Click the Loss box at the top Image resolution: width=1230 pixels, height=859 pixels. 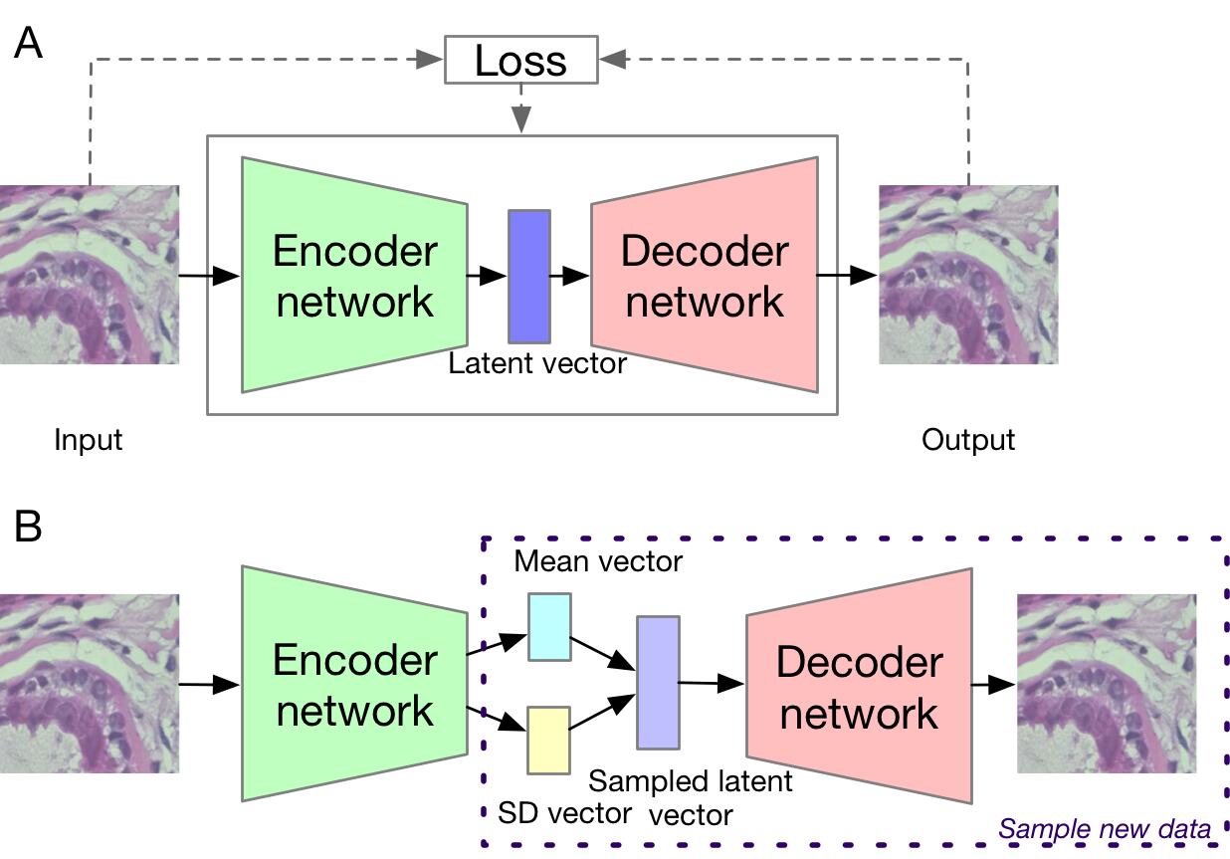coord(519,61)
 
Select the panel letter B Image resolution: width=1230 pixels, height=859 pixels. coord(28,527)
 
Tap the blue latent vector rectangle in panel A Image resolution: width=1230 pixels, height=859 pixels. coord(528,277)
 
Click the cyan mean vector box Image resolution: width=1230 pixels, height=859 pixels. coord(549,626)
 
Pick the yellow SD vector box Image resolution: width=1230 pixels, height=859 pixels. coord(548,740)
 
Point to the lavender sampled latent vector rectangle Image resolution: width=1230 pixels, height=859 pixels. coord(658,682)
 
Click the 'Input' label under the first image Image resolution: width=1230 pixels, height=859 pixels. coord(88,439)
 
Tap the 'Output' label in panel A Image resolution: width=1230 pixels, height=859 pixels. coord(967,439)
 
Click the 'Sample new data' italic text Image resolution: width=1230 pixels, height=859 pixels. coord(1105,828)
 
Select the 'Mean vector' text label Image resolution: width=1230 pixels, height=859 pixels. coord(598,561)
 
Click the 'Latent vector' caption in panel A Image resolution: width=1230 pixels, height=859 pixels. coord(537,363)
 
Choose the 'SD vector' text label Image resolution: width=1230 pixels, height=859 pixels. coord(563,812)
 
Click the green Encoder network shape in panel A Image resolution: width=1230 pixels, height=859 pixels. coord(354,276)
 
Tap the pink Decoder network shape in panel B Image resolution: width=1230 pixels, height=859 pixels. coord(858,687)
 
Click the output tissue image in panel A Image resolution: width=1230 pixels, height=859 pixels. coord(967,275)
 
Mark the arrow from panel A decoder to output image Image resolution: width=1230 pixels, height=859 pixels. coord(846,275)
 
